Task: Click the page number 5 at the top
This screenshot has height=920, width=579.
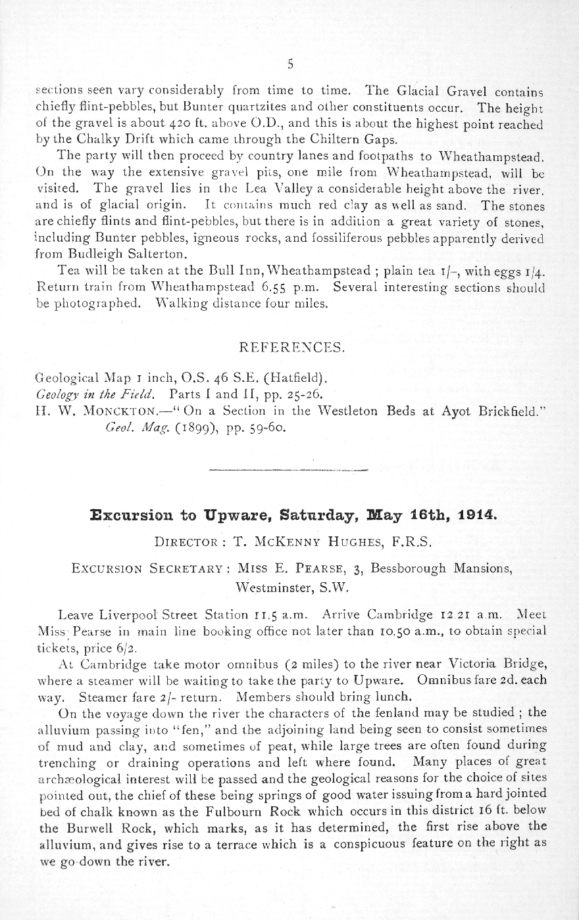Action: pyautogui.click(x=289, y=64)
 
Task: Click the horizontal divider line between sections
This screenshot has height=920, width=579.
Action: pyautogui.click(x=289, y=470)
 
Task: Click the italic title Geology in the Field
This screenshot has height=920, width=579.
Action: pyautogui.click(x=95, y=396)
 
